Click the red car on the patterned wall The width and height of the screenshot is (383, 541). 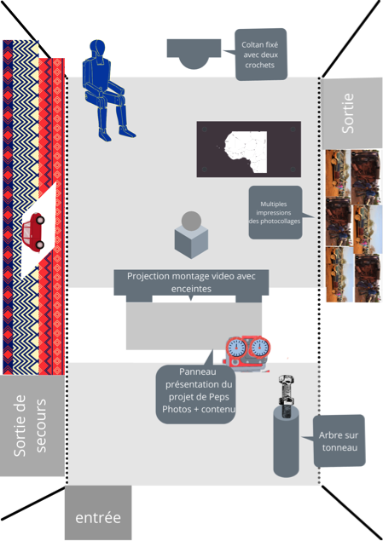(32, 232)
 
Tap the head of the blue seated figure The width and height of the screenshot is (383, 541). (97, 51)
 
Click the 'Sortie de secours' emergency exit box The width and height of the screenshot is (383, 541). (32, 425)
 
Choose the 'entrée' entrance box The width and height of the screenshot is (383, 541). (98, 512)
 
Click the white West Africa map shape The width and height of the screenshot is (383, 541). (246, 152)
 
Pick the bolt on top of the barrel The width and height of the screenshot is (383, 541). (287, 396)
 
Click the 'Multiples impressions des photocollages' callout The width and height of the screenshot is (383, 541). (276, 212)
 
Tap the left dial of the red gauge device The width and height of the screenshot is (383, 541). (236, 348)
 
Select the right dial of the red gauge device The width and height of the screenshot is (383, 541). (260, 348)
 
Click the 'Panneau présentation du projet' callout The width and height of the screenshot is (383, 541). (196, 390)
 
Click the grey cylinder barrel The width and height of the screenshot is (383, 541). (287, 441)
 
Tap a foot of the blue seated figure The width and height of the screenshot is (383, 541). (127, 133)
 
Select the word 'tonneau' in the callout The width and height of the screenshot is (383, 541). (339, 447)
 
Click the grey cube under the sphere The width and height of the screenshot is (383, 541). (191, 242)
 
